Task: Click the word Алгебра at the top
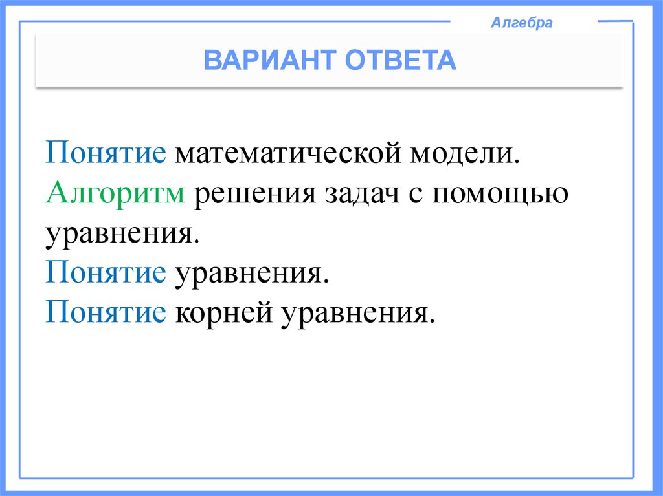(x=522, y=23)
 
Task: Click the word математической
(x=287, y=156)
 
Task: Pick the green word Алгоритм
(x=116, y=193)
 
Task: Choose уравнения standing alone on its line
(x=120, y=233)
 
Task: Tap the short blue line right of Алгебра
(x=614, y=21)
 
